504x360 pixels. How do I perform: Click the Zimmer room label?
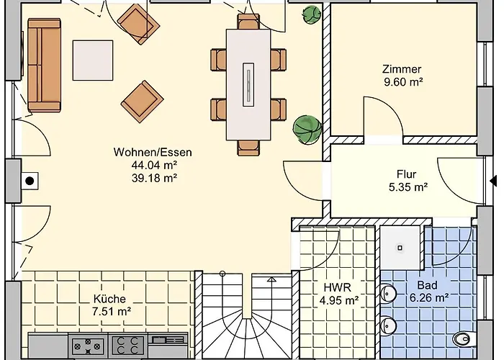(402, 69)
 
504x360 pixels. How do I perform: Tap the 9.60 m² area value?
(403, 82)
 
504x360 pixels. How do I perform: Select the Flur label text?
(407, 174)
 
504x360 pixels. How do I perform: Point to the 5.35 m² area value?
(408, 186)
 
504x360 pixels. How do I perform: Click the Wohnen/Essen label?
(153, 152)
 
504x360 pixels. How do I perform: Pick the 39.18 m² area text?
(155, 178)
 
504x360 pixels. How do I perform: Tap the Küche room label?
(109, 299)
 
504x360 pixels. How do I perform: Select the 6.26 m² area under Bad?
(429, 298)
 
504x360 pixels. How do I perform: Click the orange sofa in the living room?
(44, 65)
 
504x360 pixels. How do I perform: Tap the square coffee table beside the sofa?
(93, 60)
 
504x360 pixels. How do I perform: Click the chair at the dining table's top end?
(248, 21)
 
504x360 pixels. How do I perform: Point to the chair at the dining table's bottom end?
(248, 148)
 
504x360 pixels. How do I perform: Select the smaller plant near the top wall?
(312, 15)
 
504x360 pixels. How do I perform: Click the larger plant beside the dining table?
(307, 129)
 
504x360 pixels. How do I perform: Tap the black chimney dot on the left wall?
(30, 181)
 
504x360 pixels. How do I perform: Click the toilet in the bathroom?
(464, 338)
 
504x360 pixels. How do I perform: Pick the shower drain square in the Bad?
(400, 248)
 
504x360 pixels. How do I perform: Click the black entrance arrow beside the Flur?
(493, 181)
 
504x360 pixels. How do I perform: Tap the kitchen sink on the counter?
(168, 340)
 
